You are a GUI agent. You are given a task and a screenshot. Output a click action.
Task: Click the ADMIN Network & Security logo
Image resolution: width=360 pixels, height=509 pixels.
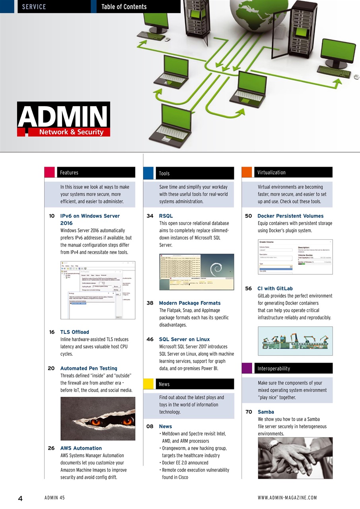point(64,119)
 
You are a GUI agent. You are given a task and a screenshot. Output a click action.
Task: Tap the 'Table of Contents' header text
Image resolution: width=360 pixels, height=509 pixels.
point(124,7)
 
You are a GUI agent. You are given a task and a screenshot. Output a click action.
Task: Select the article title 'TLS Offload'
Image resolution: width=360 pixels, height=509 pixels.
point(75,332)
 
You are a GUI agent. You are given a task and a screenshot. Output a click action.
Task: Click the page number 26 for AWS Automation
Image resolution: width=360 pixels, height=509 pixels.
point(51,448)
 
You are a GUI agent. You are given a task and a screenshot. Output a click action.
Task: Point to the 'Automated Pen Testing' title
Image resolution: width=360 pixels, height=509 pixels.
point(89,369)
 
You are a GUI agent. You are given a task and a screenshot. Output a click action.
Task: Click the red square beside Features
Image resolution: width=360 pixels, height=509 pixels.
point(49,172)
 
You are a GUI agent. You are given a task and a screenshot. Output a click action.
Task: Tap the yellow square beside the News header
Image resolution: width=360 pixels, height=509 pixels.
point(148,384)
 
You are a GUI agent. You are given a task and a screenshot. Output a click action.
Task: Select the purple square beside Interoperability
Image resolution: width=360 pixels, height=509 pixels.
point(247,368)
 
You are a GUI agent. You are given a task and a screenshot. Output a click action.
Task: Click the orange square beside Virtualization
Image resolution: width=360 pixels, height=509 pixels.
point(247,172)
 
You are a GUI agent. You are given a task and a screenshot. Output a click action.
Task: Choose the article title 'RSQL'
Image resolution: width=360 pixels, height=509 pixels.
point(166,216)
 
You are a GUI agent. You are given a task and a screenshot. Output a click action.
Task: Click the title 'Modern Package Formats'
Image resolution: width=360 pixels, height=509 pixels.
point(189,303)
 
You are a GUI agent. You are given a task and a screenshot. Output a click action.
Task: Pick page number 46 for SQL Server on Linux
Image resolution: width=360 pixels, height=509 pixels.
point(150,340)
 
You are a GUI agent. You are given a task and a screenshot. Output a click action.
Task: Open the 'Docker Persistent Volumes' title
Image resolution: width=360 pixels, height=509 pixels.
point(290,216)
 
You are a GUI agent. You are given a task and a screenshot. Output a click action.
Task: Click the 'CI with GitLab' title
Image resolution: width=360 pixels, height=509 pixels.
point(275,289)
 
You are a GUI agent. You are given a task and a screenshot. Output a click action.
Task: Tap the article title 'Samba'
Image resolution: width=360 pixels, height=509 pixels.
point(266,412)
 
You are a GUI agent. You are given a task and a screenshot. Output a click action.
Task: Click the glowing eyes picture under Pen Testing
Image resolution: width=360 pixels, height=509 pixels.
point(98,419)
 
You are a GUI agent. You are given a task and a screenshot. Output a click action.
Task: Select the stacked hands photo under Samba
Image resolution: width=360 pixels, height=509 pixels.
point(295,458)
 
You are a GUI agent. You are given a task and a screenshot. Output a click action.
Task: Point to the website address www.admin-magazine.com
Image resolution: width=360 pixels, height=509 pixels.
point(287,498)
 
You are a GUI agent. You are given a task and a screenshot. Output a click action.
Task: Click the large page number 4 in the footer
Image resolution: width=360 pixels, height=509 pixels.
point(20,499)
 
